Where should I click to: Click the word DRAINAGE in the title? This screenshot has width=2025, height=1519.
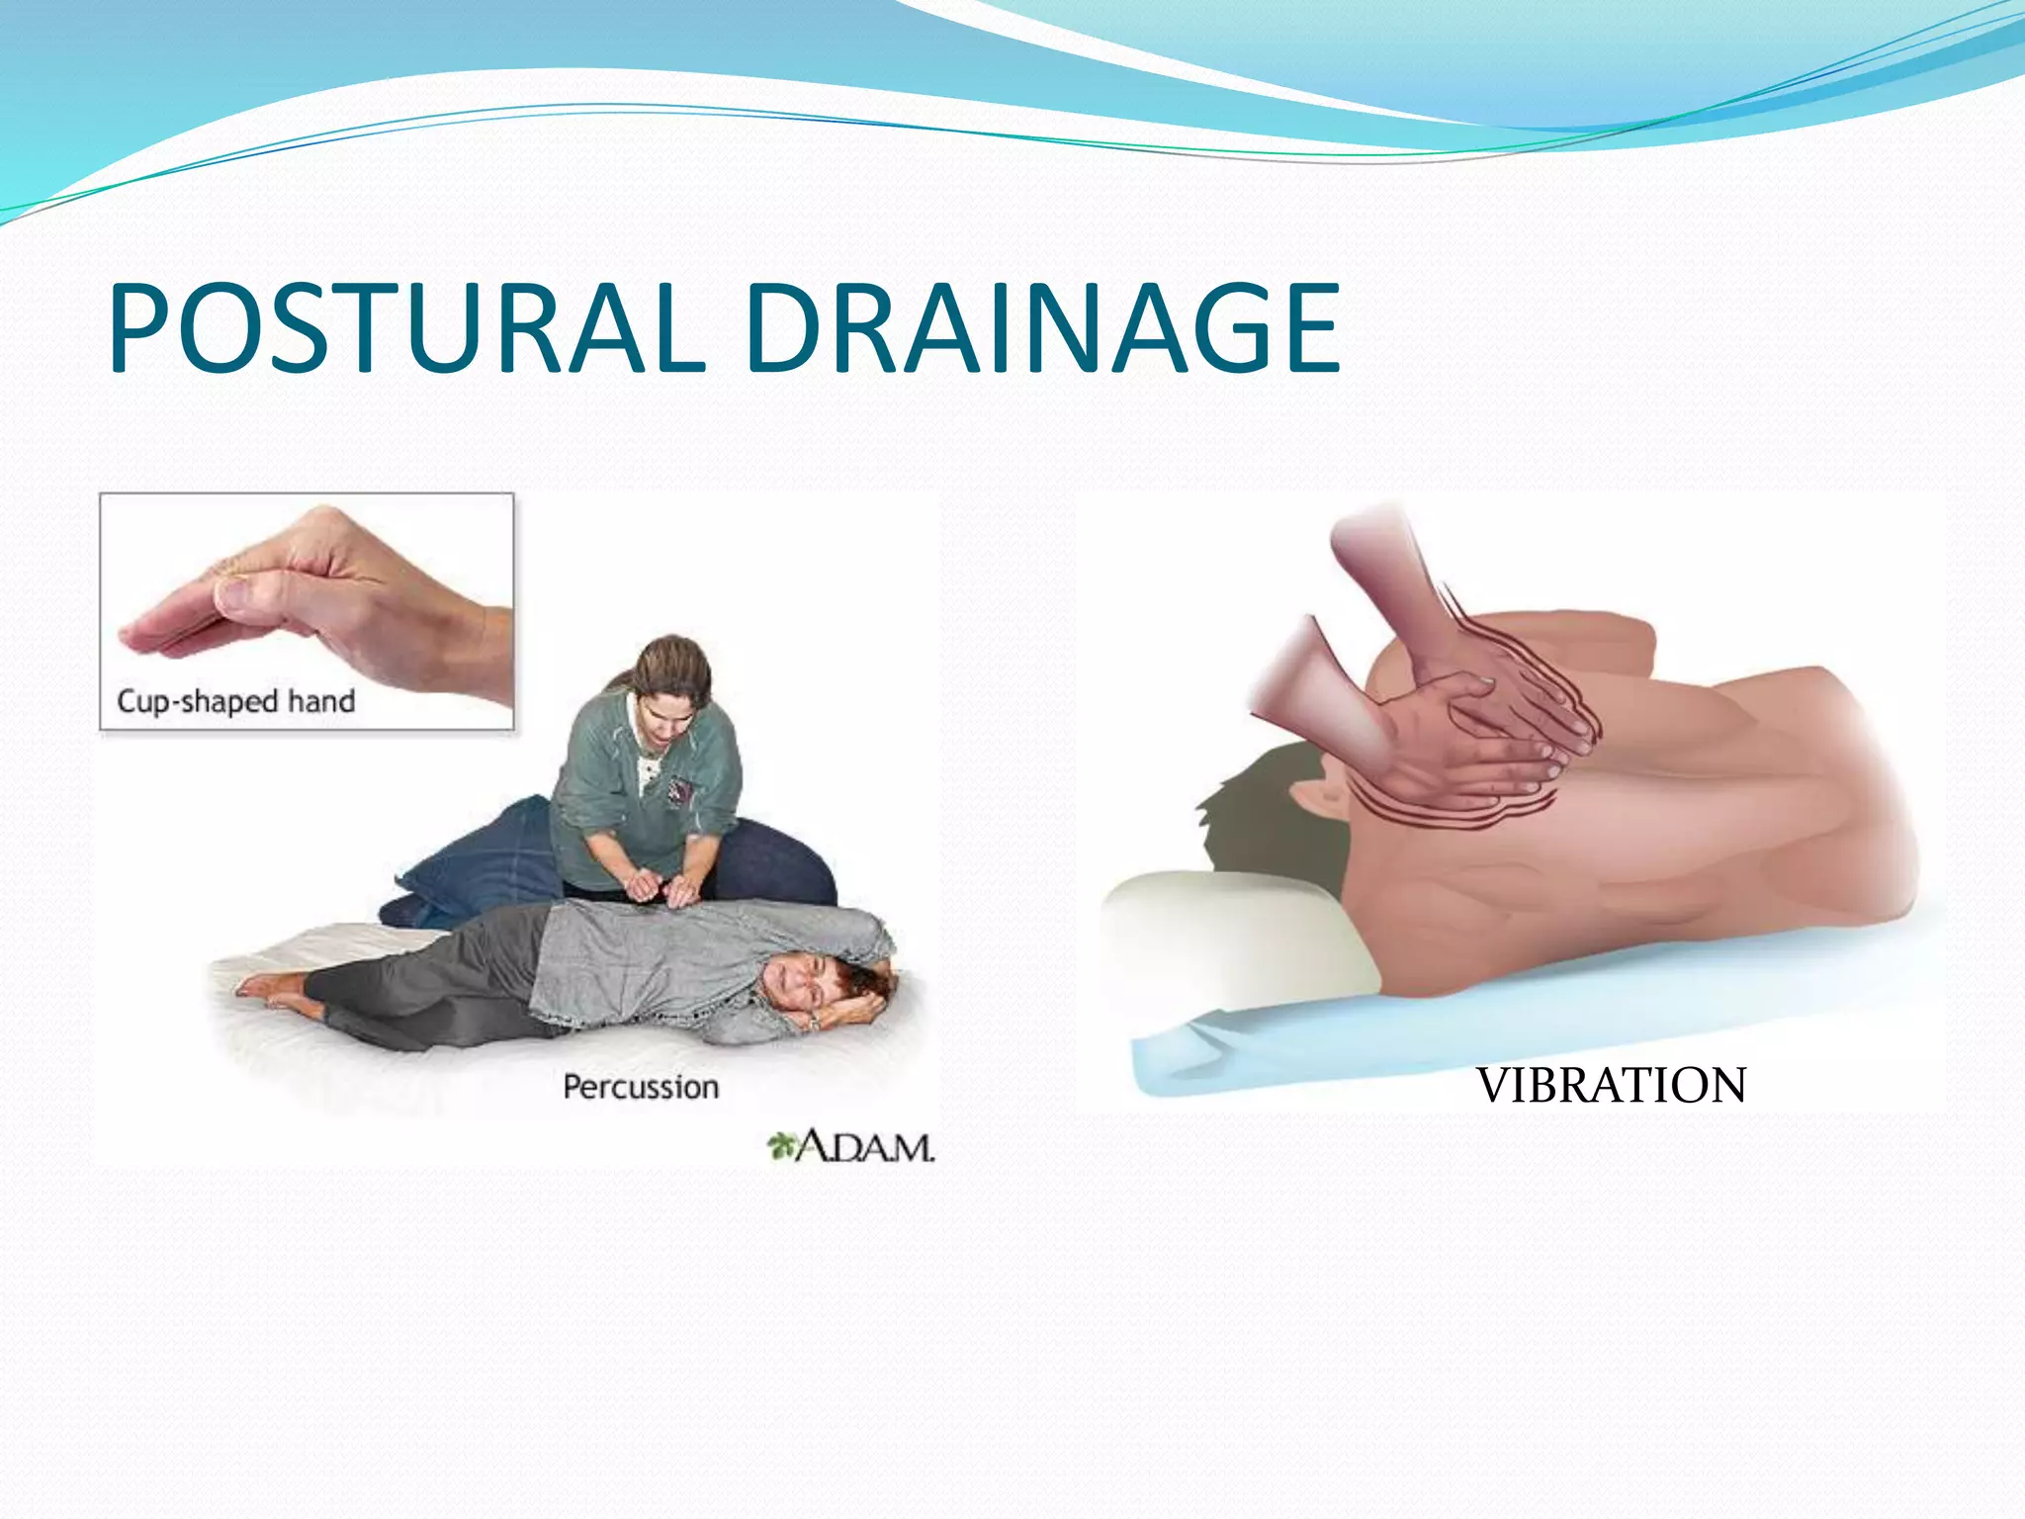coord(1043,329)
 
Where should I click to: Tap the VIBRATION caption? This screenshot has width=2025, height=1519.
coord(1611,1086)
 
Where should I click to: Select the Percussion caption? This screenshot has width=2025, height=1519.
coord(641,1087)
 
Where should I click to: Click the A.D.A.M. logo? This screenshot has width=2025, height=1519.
coord(851,1147)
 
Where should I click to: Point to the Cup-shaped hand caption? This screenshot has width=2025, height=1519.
coord(235,701)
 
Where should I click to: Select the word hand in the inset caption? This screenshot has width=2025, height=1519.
coord(321,701)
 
